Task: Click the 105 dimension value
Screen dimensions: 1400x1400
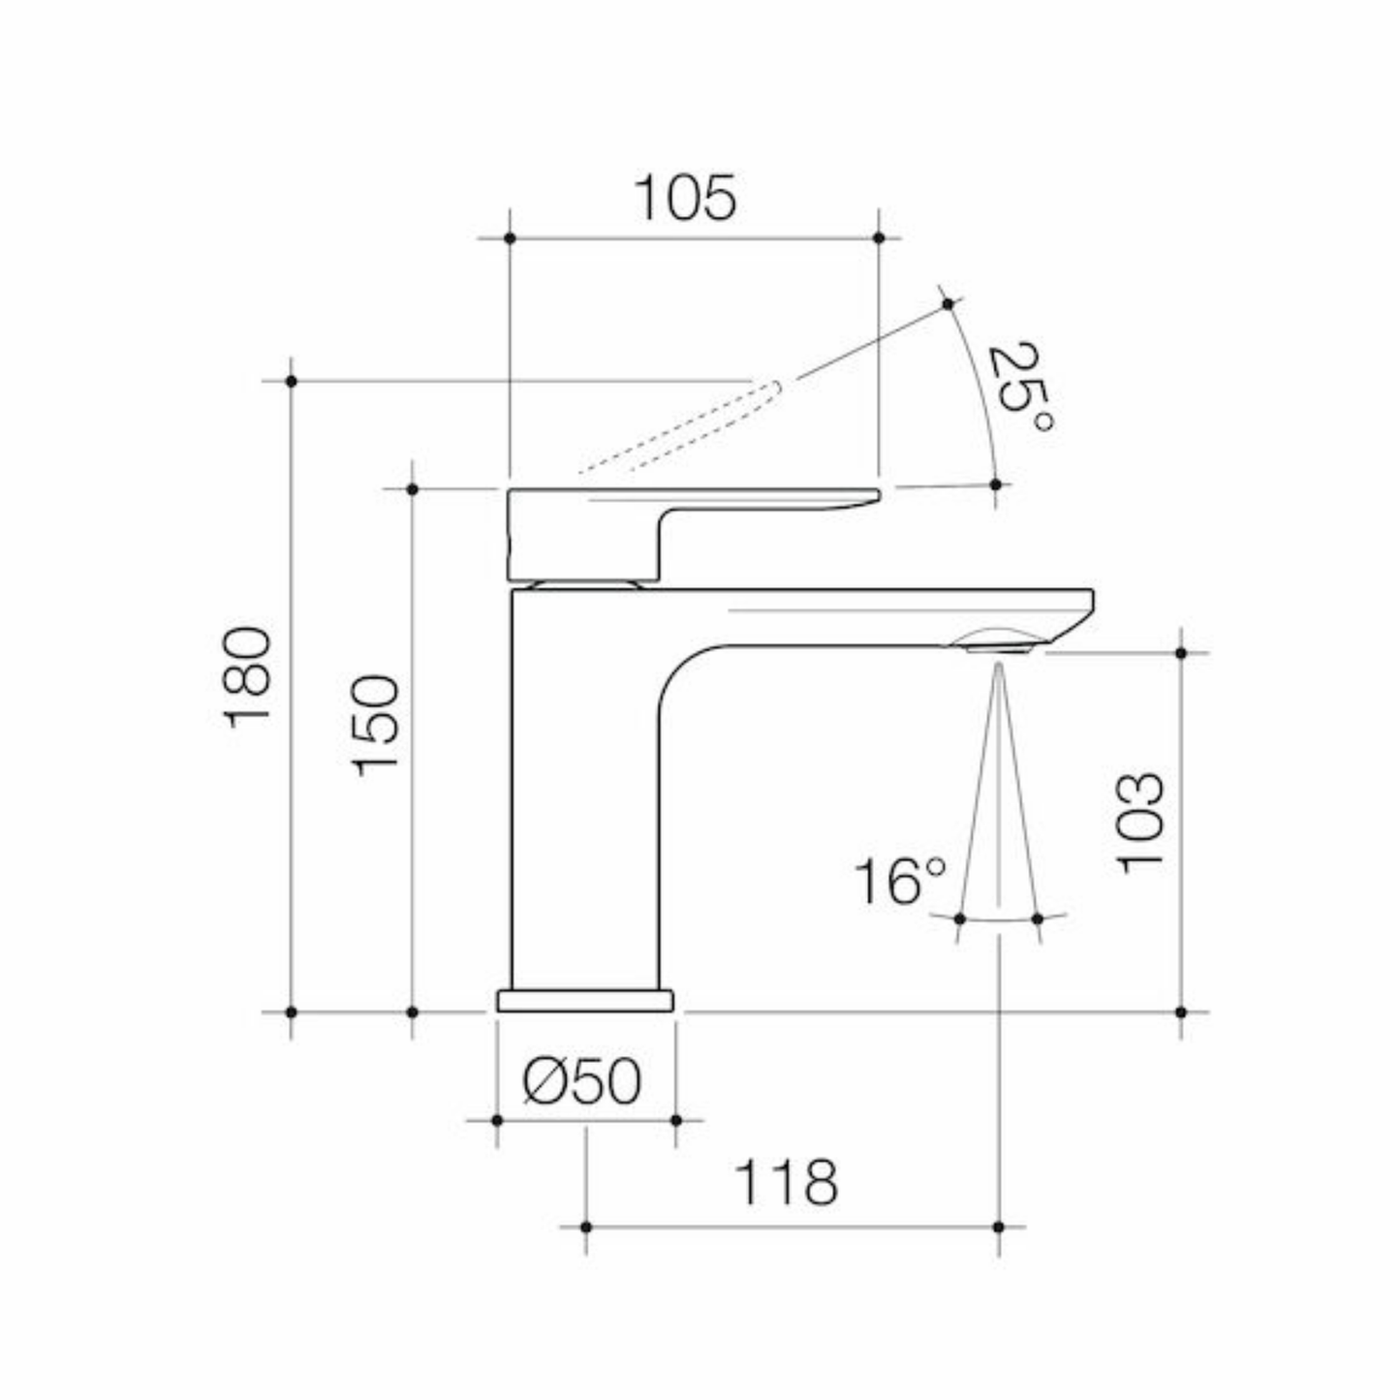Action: coord(685,198)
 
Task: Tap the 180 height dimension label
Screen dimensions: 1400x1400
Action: coord(247,677)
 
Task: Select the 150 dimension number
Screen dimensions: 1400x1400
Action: coord(376,727)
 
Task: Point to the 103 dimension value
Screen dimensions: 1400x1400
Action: coord(1139,824)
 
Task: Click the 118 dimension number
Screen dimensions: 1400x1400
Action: coord(786,1183)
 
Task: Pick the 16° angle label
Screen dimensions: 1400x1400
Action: coord(900,882)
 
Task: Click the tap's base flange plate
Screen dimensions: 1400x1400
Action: coord(585,1001)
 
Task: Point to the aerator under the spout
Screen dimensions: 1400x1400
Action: coord(999,641)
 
